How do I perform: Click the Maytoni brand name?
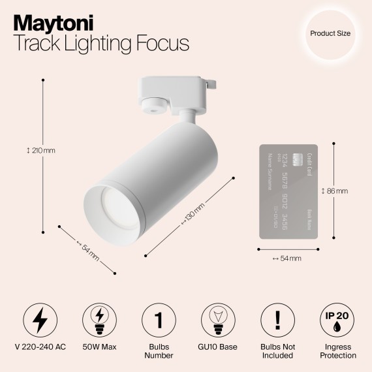pyautogui.click(x=54, y=21)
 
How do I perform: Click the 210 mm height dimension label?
pyautogui.click(x=40, y=151)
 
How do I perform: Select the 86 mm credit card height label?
pyautogui.click(x=335, y=191)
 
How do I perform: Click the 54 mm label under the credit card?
pyautogui.click(x=287, y=259)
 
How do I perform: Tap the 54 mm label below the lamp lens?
pyautogui.click(x=87, y=249)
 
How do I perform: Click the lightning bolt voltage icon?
pyautogui.click(x=40, y=320)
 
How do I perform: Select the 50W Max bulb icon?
pyautogui.click(x=100, y=320)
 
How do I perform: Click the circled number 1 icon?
pyautogui.click(x=159, y=320)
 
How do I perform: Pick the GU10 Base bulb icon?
pyautogui.click(x=219, y=320)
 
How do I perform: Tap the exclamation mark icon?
pyautogui.click(x=278, y=320)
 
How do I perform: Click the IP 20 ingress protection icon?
pyautogui.click(x=338, y=320)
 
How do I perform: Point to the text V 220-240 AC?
pyautogui.click(x=40, y=347)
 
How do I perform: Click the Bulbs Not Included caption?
pyautogui.click(x=278, y=351)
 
